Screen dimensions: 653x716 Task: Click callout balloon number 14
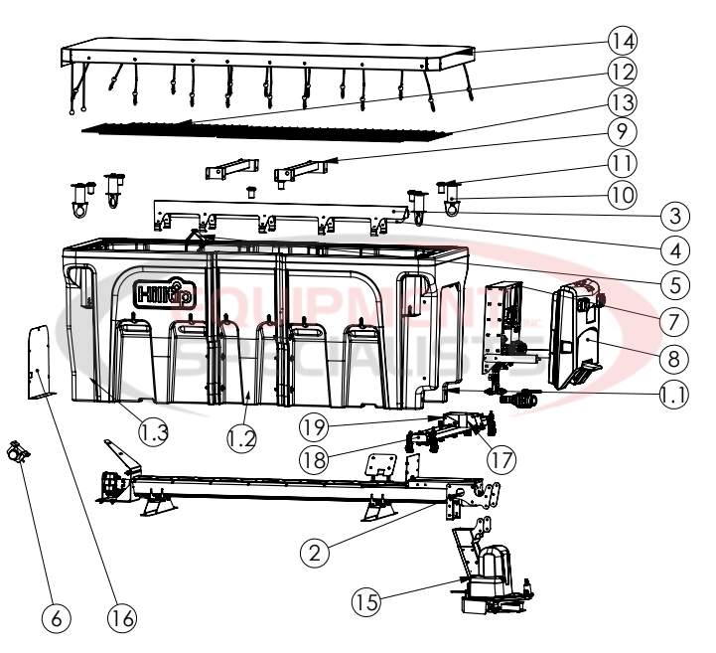pyautogui.click(x=623, y=41)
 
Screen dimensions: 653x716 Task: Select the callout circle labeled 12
pyautogui.click(x=623, y=72)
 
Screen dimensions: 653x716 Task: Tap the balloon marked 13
pyautogui.click(x=623, y=101)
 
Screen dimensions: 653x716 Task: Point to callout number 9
pyautogui.click(x=623, y=130)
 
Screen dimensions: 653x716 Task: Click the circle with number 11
pyautogui.click(x=623, y=160)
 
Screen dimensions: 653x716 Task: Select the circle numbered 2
pyautogui.click(x=315, y=553)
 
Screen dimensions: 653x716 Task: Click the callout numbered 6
pyautogui.click(x=56, y=618)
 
